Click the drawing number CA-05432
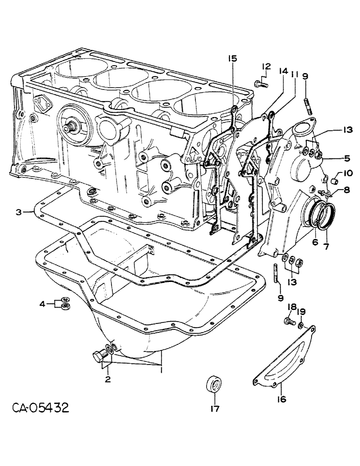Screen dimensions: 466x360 click(41, 409)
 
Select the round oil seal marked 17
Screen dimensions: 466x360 click(214, 386)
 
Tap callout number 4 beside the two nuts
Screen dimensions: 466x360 click(55, 304)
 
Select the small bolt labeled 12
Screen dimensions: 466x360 click(262, 84)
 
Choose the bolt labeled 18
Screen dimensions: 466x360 click(289, 321)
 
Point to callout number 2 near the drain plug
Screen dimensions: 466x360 click(108, 379)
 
